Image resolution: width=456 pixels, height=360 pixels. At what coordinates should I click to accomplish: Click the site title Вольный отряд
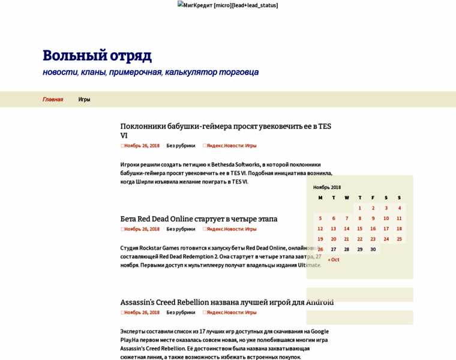pyautogui.click(x=97, y=56)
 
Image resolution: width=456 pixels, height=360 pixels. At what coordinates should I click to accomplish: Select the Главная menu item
pyautogui.click(x=53, y=100)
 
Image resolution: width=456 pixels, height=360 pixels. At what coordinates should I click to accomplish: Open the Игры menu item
pyautogui.click(x=84, y=100)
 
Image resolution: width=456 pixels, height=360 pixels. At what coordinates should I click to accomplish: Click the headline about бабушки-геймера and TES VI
pyautogui.click(x=225, y=126)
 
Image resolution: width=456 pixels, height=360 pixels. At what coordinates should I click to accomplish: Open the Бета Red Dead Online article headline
pyautogui.click(x=199, y=219)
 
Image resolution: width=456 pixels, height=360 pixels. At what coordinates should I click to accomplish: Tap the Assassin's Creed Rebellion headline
pyautogui.click(x=227, y=302)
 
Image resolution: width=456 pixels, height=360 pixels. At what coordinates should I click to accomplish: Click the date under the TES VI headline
pyautogui.click(x=142, y=145)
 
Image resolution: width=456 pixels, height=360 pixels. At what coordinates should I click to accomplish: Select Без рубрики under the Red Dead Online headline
pyautogui.click(x=181, y=229)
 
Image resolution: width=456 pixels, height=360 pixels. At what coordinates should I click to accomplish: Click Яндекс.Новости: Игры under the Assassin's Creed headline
pyautogui.click(x=231, y=312)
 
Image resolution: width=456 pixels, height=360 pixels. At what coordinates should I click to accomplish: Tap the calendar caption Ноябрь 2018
pyautogui.click(x=327, y=187)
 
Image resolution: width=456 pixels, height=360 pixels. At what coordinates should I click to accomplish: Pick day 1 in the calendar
pyautogui.click(x=360, y=208)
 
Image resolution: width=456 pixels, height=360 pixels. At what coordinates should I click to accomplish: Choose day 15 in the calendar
pyautogui.click(x=360, y=229)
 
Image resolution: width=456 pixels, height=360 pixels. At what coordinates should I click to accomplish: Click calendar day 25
pyautogui.click(x=399, y=239)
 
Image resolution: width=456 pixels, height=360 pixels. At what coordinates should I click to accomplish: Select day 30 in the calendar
pyautogui.click(x=373, y=249)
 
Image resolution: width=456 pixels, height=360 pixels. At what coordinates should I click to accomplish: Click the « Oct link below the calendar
pyautogui.click(x=334, y=260)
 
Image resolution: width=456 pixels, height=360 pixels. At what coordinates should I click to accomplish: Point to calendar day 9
pyautogui.click(x=373, y=218)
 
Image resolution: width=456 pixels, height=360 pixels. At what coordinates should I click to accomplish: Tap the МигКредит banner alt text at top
pyautogui.click(x=227, y=5)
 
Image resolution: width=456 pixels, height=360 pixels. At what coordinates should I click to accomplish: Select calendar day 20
pyautogui.click(x=334, y=239)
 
